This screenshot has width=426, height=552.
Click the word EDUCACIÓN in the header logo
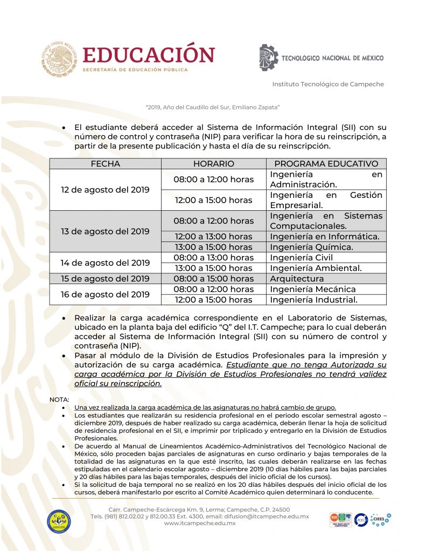coord(148,56)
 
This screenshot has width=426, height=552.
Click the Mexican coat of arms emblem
coord(59,59)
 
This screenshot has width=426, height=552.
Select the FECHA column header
coord(105,164)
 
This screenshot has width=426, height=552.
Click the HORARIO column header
coord(213,164)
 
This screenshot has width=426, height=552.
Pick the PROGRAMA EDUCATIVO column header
coord(326,164)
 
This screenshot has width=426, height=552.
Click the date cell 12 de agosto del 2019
coord(105,190)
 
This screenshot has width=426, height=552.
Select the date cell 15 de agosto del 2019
coord(105,279)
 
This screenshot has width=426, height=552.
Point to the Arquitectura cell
coord(297,279)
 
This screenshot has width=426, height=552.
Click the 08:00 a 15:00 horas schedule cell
coord(213,279)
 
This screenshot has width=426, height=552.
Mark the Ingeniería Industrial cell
coord(313,300)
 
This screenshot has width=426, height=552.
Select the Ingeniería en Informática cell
coord(324,236)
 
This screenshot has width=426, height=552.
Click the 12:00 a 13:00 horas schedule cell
coord(213,236)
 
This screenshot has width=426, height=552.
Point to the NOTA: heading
coord(59,399)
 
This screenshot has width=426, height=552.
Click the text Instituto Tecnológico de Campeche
coord(327,84)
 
